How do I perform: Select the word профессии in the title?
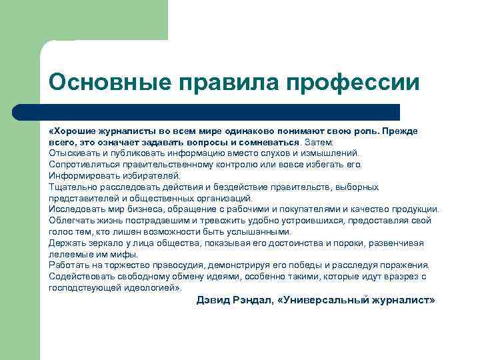click(353, 83)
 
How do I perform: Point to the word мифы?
click(125, 254)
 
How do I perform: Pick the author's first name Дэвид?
click(213, 300)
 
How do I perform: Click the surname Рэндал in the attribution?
click(255, 300)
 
